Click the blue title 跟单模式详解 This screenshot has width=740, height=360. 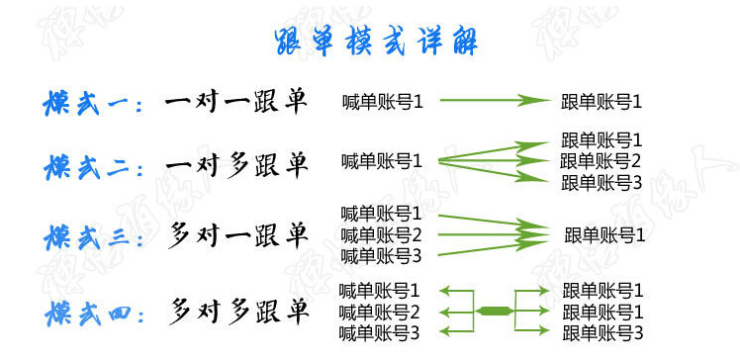tap(376, 42)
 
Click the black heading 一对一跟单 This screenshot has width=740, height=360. tap(236, 101)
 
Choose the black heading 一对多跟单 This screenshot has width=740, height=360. tap(236, 165)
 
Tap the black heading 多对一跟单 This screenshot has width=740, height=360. tap(237, 235)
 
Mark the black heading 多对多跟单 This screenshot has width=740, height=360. tap(238, 311)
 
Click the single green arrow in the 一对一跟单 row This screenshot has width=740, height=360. tap(493, 100)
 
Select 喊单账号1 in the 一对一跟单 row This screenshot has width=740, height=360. tap(383, 102)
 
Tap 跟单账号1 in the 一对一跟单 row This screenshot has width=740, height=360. tap(601, 102)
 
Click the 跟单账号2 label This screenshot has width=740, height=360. tap(601, 161)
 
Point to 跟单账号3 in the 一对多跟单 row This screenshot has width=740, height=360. tap(601, 183)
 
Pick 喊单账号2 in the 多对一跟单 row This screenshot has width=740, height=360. tap(381, 234)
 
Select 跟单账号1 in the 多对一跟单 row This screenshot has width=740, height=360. tap(604, 235)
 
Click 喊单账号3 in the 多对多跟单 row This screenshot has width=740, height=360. tap(379, 333)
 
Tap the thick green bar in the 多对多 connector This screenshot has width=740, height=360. tap(494, 311)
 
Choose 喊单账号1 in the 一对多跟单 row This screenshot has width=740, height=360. tap(382, 161)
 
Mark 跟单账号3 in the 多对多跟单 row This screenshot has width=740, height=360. tap(603, 333)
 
